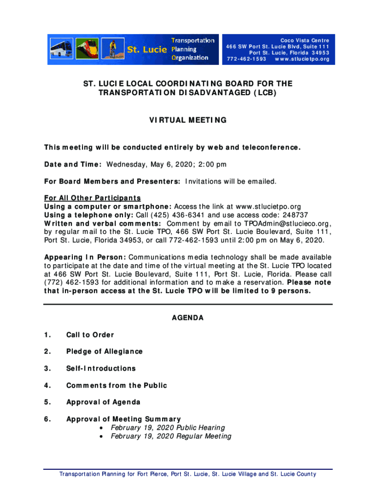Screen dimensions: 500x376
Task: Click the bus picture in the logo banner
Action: coord(62,49)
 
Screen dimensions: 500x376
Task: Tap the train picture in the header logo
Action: coord(87,49)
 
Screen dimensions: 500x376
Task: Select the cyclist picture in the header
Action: coord(112,49)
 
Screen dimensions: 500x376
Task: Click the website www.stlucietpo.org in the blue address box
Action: coord(302,60)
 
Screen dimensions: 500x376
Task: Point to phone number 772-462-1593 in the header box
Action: coord(247,60)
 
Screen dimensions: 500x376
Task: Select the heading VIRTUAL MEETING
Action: coord(188,120)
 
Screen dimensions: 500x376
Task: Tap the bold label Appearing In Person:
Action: coord(85,257)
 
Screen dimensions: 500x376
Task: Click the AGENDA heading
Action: coord(188,318)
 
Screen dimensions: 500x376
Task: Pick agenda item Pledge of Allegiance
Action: coord(104,352)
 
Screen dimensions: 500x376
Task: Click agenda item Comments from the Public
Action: coord(116,386)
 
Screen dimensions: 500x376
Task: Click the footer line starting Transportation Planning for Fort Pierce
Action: coord(188,474)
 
